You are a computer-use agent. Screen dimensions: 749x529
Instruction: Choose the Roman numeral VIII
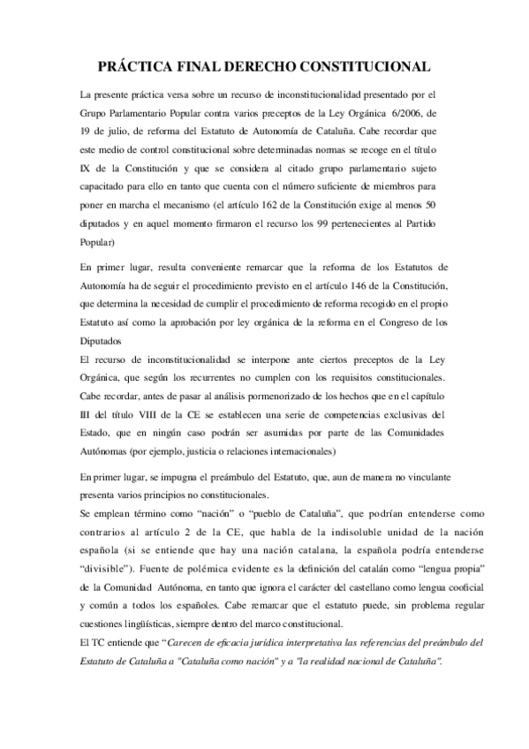pos(132,438)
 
